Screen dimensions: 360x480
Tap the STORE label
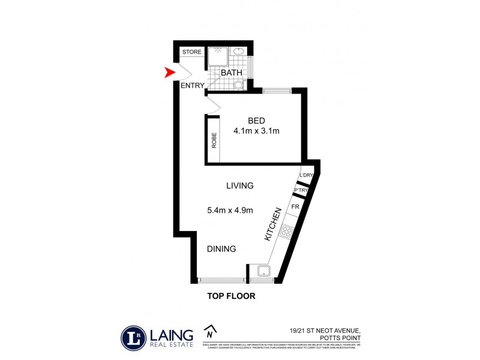coord(192,52)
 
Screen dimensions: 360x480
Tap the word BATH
coord(232,73)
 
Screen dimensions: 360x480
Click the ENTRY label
coord(192,85)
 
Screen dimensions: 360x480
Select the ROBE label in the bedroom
coord(213,140)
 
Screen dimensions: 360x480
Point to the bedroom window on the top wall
coord(277,91)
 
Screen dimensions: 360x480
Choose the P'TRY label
coord(301,191)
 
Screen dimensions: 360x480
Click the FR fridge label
coord(295,206)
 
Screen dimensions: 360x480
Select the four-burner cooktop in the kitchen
coord(286,232)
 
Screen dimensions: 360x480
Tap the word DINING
coord(221,249)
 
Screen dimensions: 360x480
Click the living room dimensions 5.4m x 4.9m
coord(229,210)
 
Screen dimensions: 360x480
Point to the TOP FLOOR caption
coord(231,295)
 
